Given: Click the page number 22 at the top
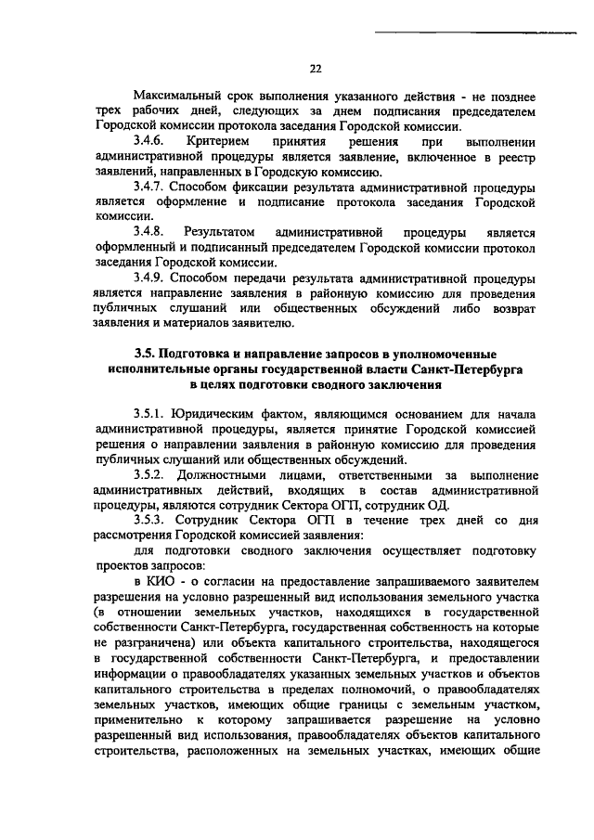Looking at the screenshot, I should click(x=315, y=68).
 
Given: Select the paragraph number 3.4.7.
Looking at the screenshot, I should click(x=150, y=186).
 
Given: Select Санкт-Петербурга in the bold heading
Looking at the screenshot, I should click(x=482, y=368).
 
